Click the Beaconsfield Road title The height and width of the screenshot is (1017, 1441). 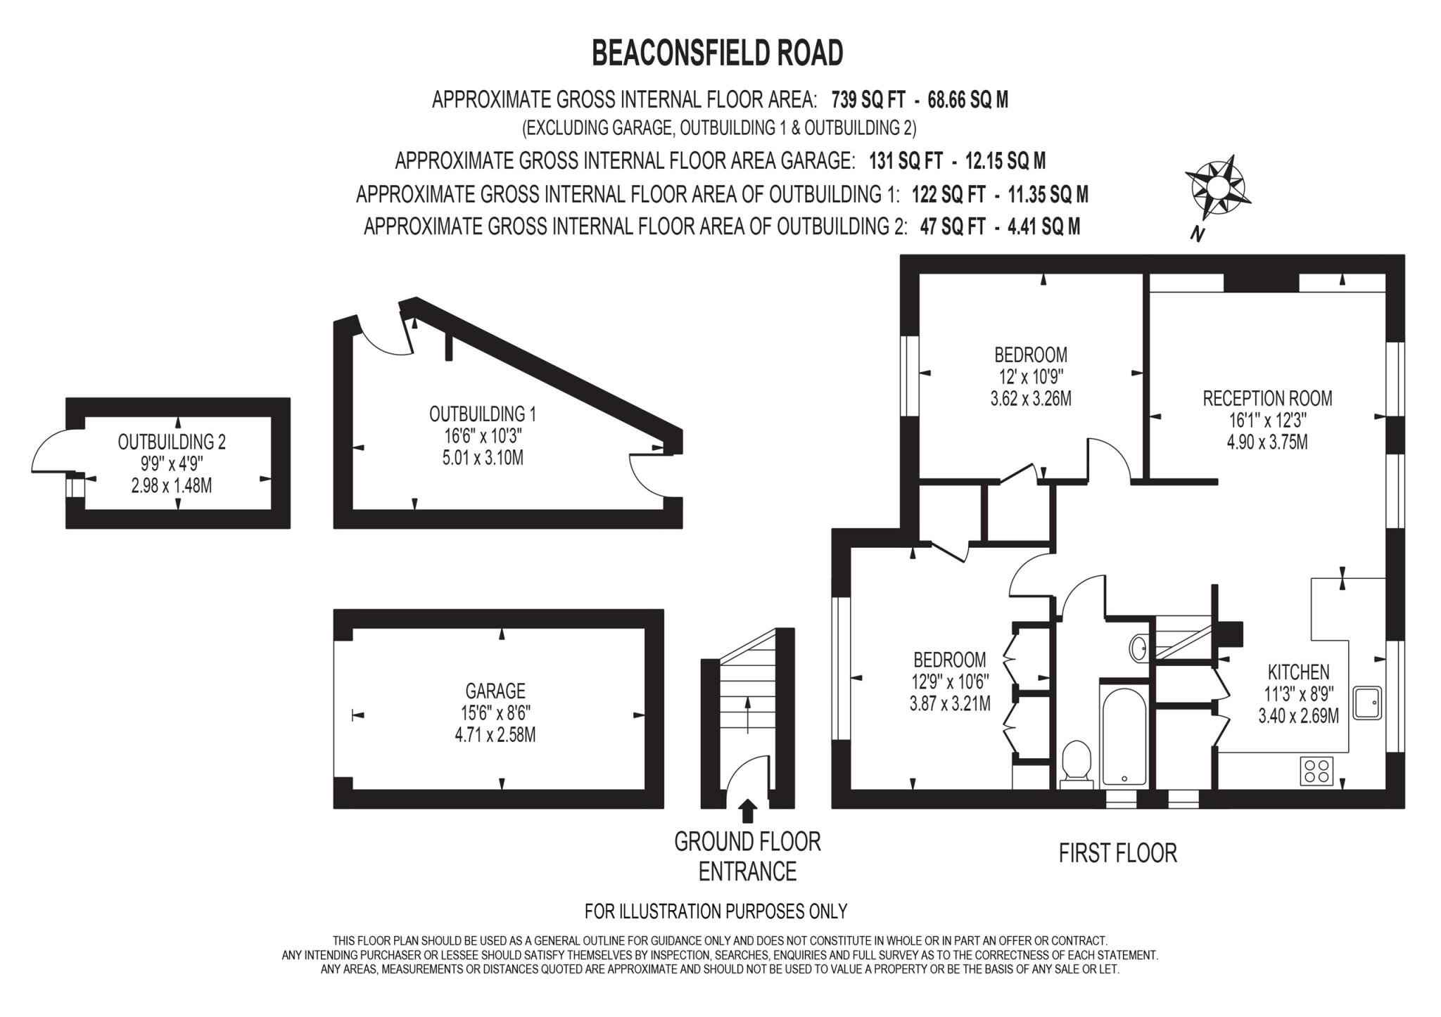point(717,53)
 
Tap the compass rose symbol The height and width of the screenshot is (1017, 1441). point(1217,187)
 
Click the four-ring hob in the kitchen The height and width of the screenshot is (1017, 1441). point(1316,769)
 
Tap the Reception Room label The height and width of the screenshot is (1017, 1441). point(1267,399)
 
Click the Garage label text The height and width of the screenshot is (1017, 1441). point(495,691)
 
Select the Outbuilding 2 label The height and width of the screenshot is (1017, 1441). point(172,442)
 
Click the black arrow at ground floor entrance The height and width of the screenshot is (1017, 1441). point(747,811)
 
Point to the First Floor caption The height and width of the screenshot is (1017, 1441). point(1117,853)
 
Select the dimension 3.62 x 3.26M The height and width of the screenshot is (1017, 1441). point(1031,399)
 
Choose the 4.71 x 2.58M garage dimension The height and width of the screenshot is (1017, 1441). point(495,736)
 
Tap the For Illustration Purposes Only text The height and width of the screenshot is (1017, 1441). point(716,912)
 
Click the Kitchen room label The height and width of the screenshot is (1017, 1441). point(1299,672)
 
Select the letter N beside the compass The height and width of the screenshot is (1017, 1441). point(1195,234)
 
